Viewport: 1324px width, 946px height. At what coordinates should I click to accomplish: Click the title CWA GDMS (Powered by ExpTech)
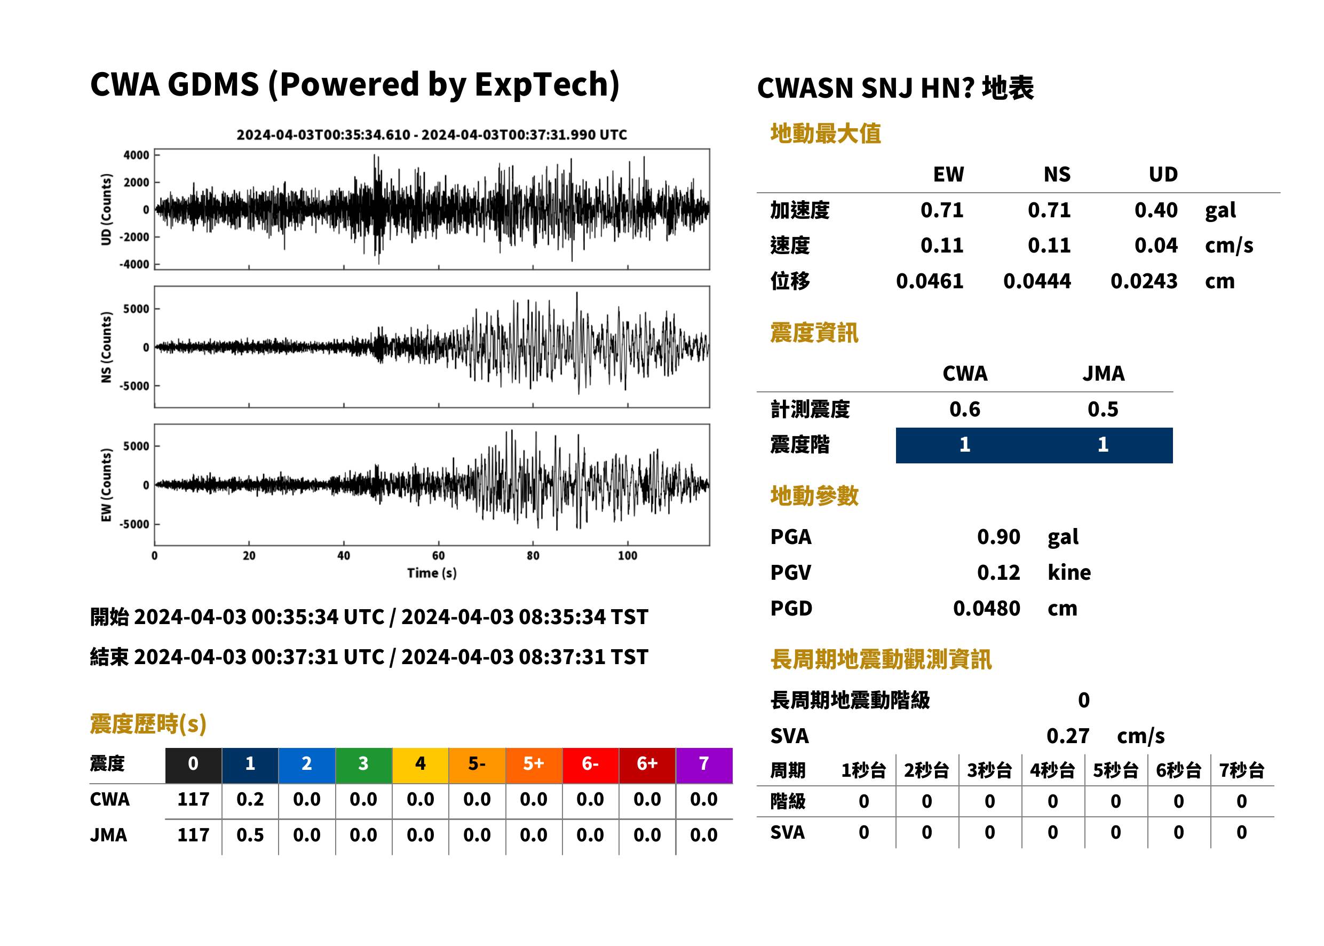[x=354, y=85]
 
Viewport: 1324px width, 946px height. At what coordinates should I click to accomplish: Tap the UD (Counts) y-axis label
[x=106, y=209]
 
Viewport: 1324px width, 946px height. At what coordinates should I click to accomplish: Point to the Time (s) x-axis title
[x=431, y=573]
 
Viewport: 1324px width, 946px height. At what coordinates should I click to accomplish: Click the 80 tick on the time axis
[x=533, y=556]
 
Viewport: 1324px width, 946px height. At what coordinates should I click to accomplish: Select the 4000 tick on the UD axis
[x=136, y=155]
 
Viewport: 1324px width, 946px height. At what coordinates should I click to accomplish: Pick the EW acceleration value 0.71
[x=941, y=210]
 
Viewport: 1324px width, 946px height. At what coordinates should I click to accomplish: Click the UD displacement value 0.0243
[x=1144, y=281]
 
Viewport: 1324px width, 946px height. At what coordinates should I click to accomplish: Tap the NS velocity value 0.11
[x=1049, y=246]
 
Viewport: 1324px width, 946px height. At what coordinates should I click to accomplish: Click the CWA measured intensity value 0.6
[x=965, y=409]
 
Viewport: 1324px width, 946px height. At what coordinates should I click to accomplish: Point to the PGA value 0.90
[x=998, y=537]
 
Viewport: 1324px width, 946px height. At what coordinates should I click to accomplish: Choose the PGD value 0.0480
[x=986, y=609]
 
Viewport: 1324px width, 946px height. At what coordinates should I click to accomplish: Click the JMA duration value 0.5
[x=250, y=836]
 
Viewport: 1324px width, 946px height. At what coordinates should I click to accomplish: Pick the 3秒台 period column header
[x=989, y=771]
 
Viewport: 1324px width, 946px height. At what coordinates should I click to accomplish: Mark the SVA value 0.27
[x=1068, y=736]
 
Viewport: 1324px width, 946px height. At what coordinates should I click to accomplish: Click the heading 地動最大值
[x=826, y=134]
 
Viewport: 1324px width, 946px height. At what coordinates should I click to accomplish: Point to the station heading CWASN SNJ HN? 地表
[x=895, y=89]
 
